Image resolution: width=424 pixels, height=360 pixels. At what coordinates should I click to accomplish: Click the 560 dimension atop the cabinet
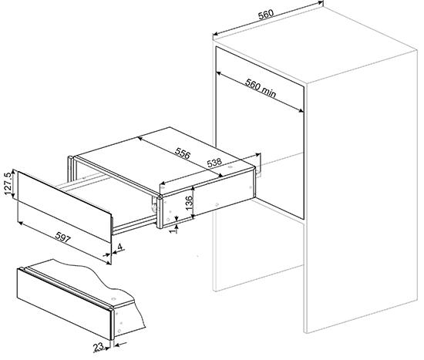[x=266, y=15]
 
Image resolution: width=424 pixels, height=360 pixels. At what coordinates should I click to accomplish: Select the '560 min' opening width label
[x=261, y=88]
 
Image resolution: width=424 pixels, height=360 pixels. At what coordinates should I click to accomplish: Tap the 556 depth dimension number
[x=183, y=153]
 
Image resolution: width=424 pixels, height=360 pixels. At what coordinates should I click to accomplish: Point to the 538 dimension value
[x=214, y=163]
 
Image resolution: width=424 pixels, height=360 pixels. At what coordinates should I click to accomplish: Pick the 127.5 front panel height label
[x=8, y=183]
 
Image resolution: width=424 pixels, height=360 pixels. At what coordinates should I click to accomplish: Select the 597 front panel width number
[x=62, y=237]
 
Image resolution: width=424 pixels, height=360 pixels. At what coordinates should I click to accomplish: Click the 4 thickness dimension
[x=120, y=247]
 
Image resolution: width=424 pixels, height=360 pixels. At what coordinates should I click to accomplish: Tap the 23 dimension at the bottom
[x=99, y=347]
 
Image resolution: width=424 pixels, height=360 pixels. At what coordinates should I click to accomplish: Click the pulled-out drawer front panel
[x=64, y=207]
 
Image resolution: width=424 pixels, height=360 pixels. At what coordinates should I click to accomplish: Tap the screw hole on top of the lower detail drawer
[x=113, y=299]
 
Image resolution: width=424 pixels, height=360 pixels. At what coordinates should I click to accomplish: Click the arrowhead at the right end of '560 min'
[x=301, y=109]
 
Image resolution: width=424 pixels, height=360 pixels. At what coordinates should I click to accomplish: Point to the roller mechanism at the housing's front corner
[x=154, y=204]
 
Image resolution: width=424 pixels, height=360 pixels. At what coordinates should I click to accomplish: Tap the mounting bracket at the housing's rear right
[x=257, y=163]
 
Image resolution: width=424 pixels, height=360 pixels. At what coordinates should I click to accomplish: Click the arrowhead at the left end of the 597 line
[x=20, y=223]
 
